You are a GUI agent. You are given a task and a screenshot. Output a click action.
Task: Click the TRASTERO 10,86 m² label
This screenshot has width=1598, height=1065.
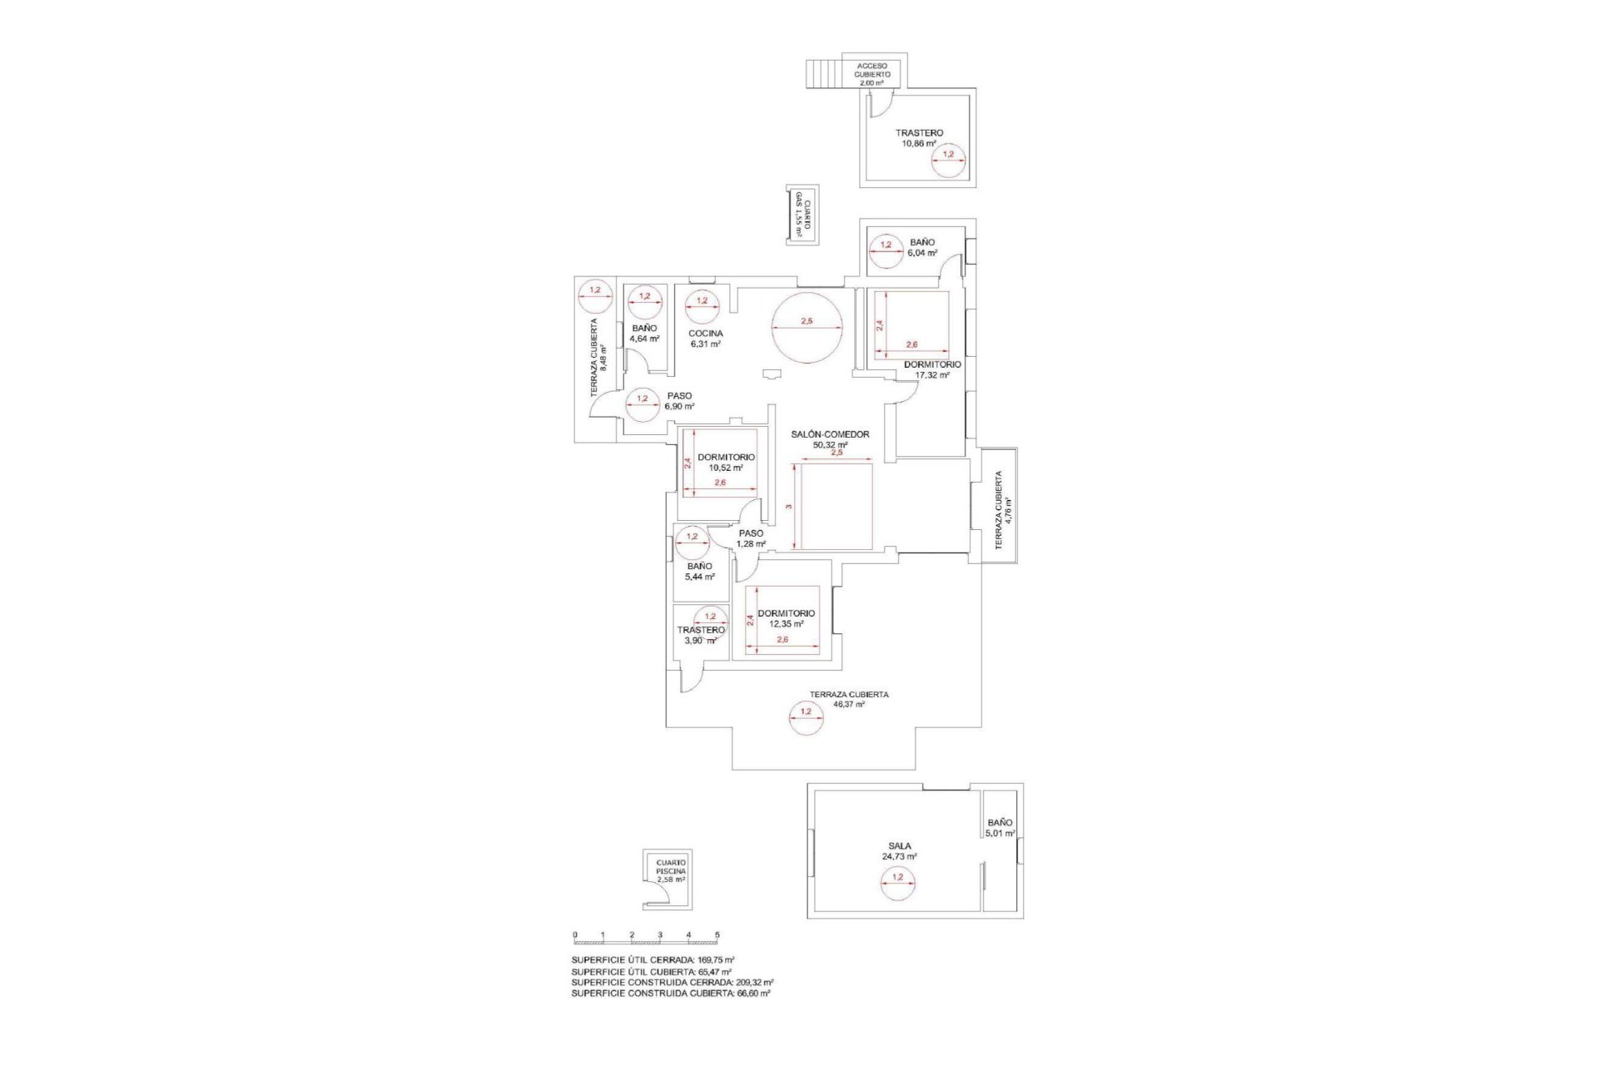[919, 138]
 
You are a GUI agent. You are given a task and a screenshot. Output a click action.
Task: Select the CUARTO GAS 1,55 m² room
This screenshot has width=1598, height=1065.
[802, 215]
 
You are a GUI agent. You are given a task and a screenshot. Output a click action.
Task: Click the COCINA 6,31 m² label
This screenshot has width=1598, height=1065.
[705, 338]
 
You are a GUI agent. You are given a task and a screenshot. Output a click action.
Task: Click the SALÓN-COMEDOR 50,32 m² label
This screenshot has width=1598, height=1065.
[830, 439]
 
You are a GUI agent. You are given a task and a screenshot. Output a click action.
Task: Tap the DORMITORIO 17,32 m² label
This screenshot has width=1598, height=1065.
[932, 369]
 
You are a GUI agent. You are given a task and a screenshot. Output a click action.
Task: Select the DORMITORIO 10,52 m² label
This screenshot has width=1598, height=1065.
[726, 463]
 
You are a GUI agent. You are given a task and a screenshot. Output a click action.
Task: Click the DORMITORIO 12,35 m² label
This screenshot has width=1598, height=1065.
[786, 618]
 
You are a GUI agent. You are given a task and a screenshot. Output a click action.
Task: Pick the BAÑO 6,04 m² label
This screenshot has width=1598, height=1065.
[922, 247]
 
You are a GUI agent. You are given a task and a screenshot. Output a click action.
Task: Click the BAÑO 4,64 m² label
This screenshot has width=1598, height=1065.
[644, 334]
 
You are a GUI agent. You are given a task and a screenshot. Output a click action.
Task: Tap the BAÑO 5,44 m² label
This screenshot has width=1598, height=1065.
[699, 571]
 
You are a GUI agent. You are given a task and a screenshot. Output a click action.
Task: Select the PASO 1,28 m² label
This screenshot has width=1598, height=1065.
[751, 538]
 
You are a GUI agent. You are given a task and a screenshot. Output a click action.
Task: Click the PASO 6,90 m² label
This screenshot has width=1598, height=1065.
[679, 401]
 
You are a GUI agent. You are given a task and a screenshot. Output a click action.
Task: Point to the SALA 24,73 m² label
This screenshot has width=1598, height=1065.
[899, 850]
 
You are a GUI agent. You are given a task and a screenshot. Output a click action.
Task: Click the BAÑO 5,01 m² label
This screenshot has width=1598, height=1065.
[1000, 827]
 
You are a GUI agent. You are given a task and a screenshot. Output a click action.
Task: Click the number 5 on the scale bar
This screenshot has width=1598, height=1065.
[717, 934]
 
